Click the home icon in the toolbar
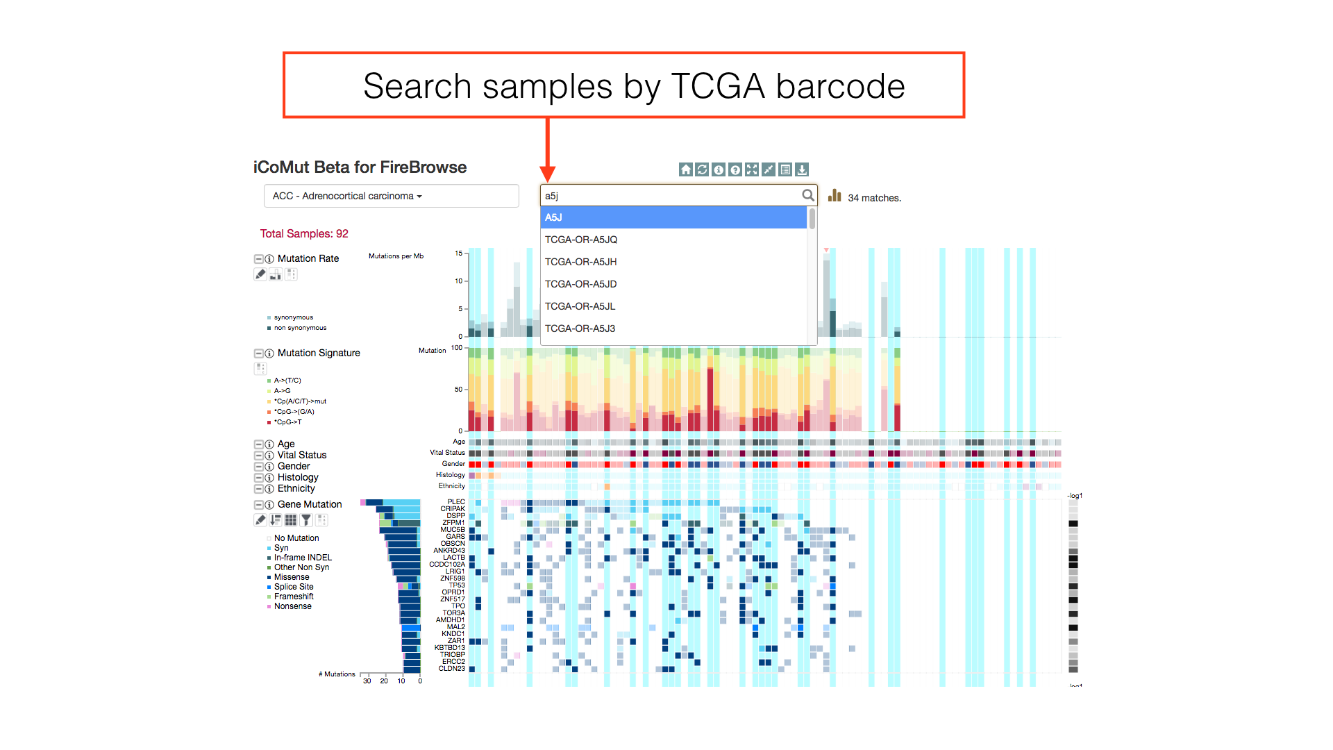pos(685,169)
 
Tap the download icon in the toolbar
pos(802,169)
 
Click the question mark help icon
pos(735,169)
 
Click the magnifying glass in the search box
pos(807,195)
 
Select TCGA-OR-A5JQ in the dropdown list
pos(580,240)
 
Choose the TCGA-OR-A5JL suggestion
pos(580,306)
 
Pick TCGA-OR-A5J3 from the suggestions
pos(580,328)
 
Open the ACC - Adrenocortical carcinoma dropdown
pos(391,196)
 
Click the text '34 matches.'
pos(874,198)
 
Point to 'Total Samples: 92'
pos(304,233)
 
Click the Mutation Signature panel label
pos(319,353)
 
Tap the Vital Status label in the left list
pos(302,455)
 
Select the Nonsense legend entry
pos(292,606)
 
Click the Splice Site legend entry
pos(294,587)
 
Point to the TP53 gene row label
pos(456,585)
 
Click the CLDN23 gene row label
pos(451,669)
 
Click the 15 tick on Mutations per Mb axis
pos(458,253)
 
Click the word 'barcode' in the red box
pos(840,86)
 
